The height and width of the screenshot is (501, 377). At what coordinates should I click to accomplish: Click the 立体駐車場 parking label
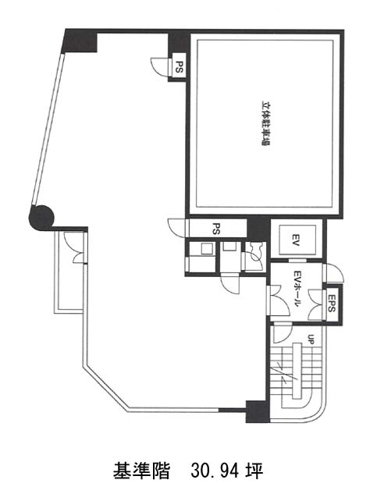265,123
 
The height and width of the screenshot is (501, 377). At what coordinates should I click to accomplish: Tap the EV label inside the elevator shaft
295,240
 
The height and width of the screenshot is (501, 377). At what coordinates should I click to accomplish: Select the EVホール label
297,289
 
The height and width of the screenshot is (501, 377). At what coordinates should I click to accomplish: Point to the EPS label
331,304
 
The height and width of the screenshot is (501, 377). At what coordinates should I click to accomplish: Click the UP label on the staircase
311,339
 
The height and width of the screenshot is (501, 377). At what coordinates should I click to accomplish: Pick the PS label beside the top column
179,67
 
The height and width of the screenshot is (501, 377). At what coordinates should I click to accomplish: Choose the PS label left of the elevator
216,228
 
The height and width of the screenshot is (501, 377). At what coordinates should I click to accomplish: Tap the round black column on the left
41,218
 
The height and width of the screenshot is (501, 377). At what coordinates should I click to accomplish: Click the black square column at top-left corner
80,41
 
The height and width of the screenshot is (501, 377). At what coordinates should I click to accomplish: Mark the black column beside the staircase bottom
258,411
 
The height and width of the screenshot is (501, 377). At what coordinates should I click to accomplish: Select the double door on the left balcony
75,247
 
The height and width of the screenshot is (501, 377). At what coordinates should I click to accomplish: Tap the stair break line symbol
284,374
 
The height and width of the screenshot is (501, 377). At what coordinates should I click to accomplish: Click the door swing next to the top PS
159,66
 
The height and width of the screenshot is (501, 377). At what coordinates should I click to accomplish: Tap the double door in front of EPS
316,304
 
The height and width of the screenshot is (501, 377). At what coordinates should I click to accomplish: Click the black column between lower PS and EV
258,228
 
